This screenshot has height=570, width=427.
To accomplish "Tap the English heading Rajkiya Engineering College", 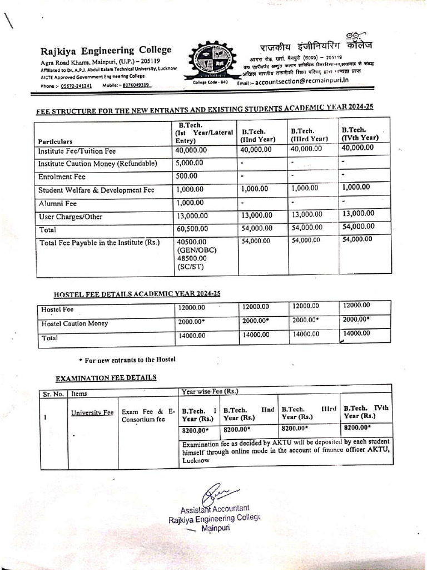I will tap(106, 50).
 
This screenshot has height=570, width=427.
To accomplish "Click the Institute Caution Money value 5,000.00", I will tap(190, 163).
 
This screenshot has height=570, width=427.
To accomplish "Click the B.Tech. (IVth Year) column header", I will tap(360, 134).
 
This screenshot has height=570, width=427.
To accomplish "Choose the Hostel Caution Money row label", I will tap(75, 323).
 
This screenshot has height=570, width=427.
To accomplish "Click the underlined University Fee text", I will tap(92, 412).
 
